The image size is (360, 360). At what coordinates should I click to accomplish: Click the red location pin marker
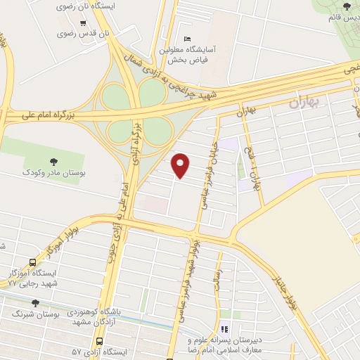[x=181, y=165]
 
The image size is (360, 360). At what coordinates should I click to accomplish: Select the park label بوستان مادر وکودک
[x=54, y=172]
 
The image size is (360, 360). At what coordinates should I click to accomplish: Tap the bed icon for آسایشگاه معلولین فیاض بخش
[x=186, y=39]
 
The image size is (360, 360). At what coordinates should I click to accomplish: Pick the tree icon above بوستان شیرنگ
[x=36, y=302]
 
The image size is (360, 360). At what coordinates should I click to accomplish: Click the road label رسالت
[x=218, y=264]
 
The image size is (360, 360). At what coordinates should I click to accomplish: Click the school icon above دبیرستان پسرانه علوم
[x=225, y=328]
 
